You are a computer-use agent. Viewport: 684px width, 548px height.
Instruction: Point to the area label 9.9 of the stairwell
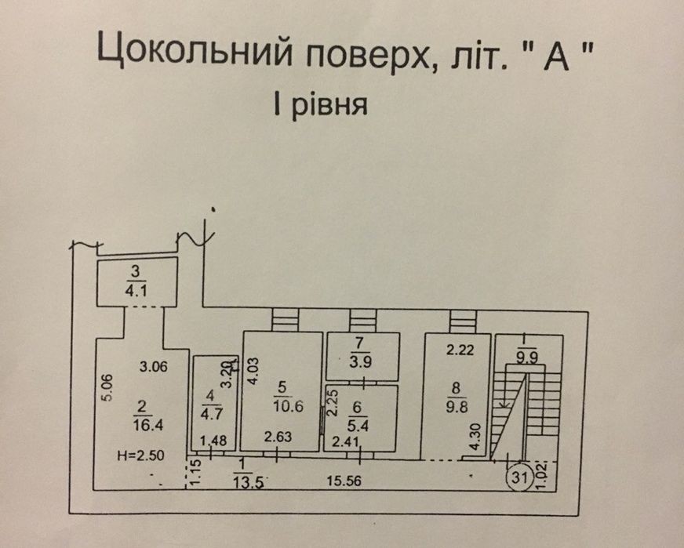coord(528,360)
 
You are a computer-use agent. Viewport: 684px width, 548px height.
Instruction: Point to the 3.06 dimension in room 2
coord(155,366)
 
